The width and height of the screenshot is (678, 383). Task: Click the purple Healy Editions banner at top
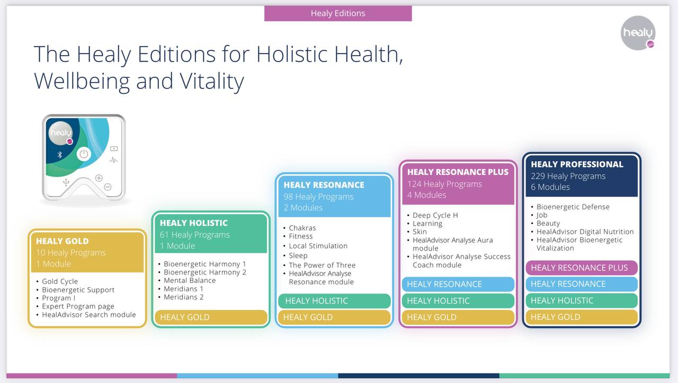pyautogui.click(x=338, y=13)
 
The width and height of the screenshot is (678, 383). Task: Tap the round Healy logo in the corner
pyautogui.click(x=638, y=33)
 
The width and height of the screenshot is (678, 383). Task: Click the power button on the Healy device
pyautogui.click(x=84, y=154)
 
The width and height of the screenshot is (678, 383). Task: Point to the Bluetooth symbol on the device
pyautogui.click(x=60, y=155)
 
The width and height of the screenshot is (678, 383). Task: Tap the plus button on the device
pyautogui.click(x=99, y=178)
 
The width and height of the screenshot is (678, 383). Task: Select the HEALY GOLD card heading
pyautogui.click(x=63, y=241)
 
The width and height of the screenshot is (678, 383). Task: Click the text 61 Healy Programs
pyautogui.click(x=194, y=235)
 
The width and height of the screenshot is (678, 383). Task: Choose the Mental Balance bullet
pyautogui.click(x=190, y=280)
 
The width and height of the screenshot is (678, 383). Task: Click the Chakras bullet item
pyautogui.click(x=302, y=228)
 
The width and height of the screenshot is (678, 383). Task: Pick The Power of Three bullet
pyautogui.click(x=322, y=265)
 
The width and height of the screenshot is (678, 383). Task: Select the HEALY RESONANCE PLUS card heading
pyautogui.click(x=458, y=172)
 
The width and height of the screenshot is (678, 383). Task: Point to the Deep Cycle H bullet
pyautogui.click(x=435, y=215)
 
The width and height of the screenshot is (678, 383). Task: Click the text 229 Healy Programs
pyautogui.click(x=568, y=176)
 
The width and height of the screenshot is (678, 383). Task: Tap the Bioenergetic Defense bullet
pyautogui.click(x=573, y=207)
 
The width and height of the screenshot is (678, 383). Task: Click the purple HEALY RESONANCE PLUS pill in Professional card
pyautogui.click(x=582, y=268)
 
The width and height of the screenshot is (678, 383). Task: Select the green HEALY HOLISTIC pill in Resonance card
pyautogui.click(x=334, y=301)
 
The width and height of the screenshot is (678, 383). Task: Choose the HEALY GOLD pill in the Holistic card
pyautogui.click(x=211, y=317)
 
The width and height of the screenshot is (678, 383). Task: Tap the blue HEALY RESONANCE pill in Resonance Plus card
pyautogui.click(x=458, y=284)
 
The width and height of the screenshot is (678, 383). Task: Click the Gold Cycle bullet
pyautogui.click(x=60, y=281)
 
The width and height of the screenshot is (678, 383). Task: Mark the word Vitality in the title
pyautogui.click(x=212, y=81)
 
